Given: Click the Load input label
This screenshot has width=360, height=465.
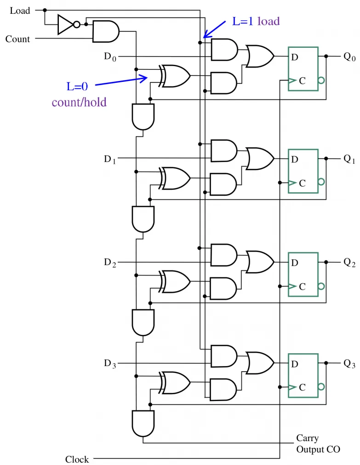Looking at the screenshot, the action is coord(20,11).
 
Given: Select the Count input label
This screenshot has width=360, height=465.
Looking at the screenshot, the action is coord(18,39).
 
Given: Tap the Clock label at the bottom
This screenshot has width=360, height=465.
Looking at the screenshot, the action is coord(77,459).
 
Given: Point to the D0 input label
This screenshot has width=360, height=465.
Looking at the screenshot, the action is coord(110,57).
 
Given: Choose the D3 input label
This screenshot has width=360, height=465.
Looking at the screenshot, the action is coord(110,363).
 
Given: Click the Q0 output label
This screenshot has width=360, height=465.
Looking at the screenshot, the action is coord(349,57).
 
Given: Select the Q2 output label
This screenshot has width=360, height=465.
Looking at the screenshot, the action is coord(349,262).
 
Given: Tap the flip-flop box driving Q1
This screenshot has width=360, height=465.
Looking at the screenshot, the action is coord(303,171).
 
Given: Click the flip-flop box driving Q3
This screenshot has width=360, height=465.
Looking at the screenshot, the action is coord(303,375).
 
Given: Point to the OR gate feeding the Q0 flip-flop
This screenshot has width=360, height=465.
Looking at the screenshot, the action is coord(260,56).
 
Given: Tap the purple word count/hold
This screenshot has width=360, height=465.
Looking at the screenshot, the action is coord(79,102).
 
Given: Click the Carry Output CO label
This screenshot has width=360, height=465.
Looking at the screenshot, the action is coord(318,444).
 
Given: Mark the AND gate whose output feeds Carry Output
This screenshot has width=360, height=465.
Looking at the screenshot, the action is coord(143,424).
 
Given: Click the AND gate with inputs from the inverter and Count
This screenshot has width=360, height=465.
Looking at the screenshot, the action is coord(106,31).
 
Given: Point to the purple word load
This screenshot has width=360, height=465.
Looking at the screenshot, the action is coord(269,21).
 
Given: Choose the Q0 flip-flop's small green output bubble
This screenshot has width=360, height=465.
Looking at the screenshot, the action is coord(321,80).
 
